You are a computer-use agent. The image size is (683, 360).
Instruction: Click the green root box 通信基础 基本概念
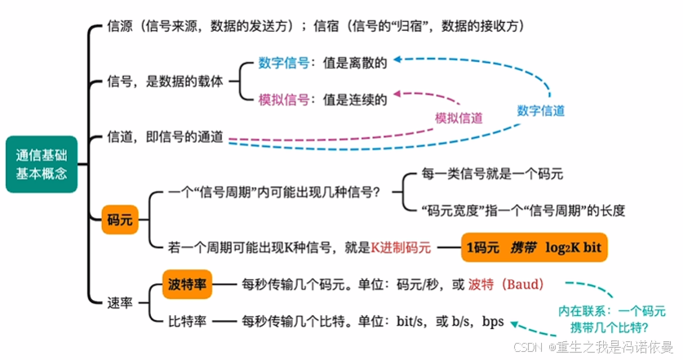tap(42, 163)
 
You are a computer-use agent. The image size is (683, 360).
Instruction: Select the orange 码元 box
tap(119, 220)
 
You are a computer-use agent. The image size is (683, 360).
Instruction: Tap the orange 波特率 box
tap(188, 284)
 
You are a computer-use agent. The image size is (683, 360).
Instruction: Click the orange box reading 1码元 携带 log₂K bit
tap(534, 246)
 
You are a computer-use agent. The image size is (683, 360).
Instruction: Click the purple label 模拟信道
tap(458, 118)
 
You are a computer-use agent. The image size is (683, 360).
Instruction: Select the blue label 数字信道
tap(541, 110)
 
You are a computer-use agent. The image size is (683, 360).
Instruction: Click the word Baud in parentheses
tap(521, 285)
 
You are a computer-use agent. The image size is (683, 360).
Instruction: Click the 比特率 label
tap(186, 321)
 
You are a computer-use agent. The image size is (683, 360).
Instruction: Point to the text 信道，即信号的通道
tap(166, 138)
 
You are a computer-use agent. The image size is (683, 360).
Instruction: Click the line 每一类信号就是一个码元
tap(492, 174)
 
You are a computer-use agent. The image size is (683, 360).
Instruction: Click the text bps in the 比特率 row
tap(493, 321)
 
